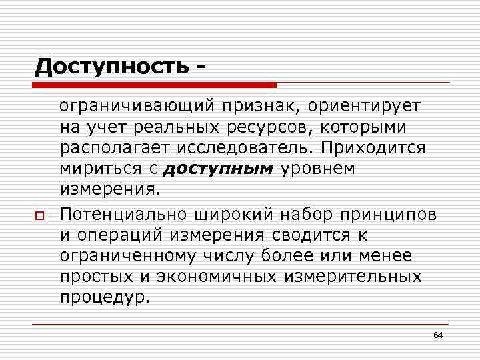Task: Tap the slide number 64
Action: pos(438,334)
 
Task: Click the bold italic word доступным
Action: pos(217,169)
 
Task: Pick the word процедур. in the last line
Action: pos(105,297)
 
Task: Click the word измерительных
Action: pos(355,277)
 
